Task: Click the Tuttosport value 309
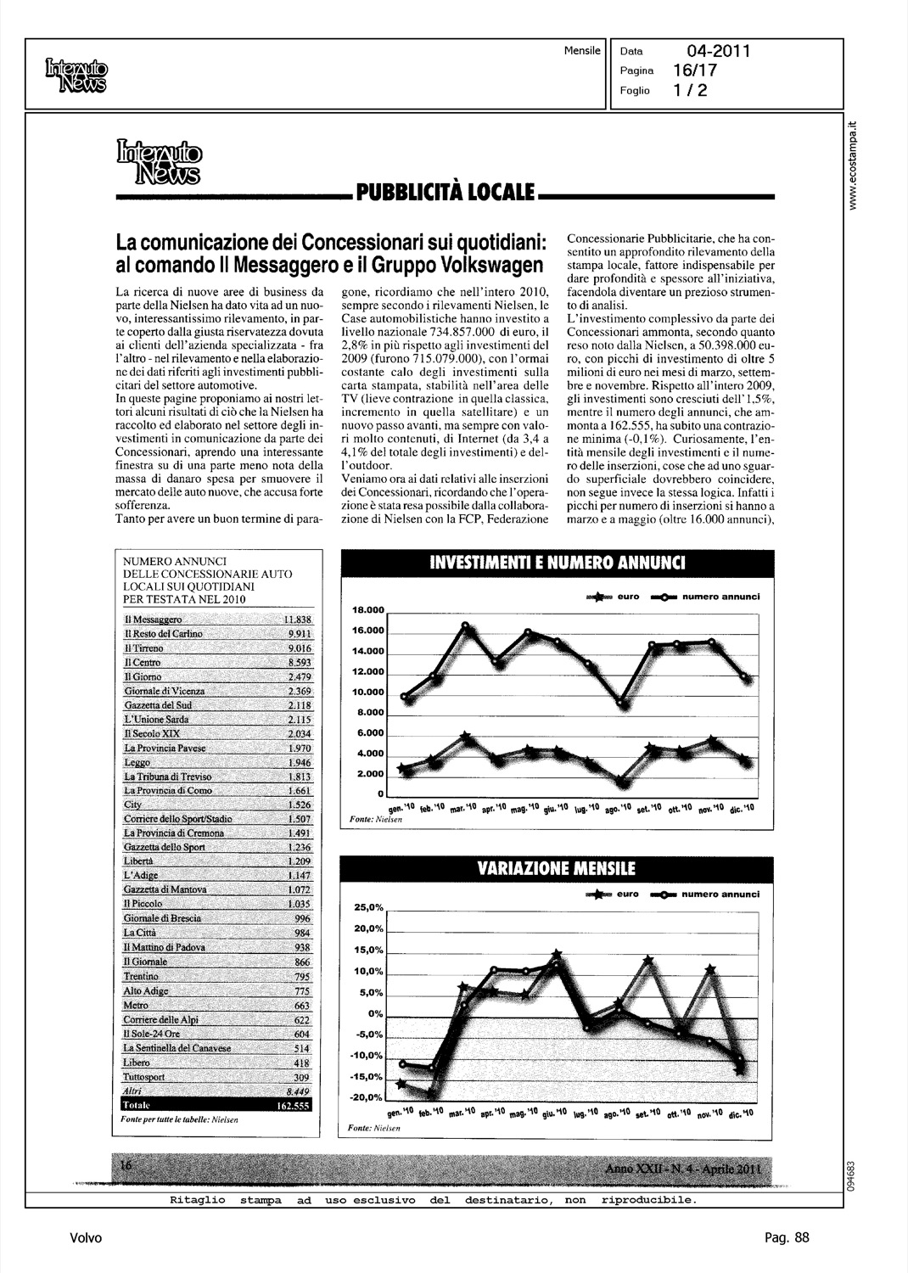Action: pos(301,1077)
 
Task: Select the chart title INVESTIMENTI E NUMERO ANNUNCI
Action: pos(557,564)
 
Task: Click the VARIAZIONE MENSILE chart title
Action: pos(557,870)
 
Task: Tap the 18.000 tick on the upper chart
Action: pos(368,610)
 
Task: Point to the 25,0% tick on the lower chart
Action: pos(368,908)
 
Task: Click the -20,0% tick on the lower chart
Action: pos(368,1099)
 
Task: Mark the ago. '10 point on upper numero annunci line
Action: pos(622,703)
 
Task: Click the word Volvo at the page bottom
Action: pos(86,1238)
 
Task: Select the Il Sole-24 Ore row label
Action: pos(152,1034)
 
